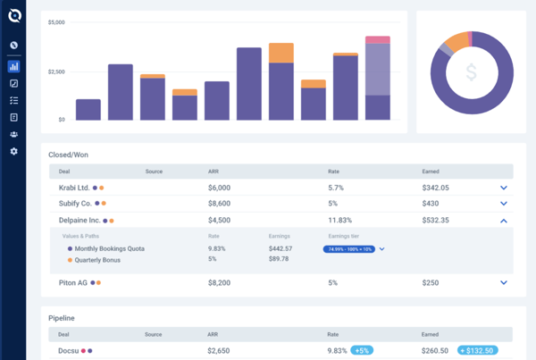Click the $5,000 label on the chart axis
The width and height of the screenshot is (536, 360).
point(56,21)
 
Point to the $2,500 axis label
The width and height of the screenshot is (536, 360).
point(56,71)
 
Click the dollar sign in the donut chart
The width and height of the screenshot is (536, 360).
point(470,71)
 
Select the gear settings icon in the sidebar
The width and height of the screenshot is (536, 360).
point(13,152)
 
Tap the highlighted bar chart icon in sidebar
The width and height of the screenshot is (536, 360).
point(13,66)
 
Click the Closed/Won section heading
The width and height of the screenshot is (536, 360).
point(68,154)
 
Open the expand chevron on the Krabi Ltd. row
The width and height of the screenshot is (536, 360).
point(504,188)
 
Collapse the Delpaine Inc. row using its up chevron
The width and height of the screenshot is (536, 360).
point(504,220)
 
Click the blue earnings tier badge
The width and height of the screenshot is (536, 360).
point(348,249)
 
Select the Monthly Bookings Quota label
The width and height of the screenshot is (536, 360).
point(110,248)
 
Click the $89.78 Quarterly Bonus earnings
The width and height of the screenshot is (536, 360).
point(280,259)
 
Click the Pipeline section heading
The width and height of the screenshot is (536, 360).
point(62,317)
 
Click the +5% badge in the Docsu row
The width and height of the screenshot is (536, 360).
point(362,351)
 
